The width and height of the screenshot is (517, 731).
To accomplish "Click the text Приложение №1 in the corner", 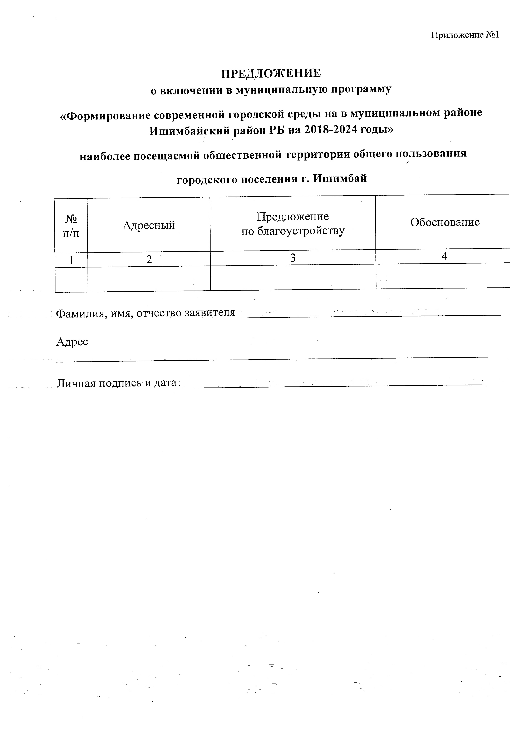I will click(465, 35).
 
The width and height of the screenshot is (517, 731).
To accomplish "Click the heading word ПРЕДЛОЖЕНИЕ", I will click(271, 74).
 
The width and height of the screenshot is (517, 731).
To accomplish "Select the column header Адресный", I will click(149, 225).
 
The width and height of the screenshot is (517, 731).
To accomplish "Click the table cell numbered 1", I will click(71, 260).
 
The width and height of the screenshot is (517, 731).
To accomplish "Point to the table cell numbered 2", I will click(149, 260).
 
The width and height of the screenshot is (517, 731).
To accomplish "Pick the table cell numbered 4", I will click(444, 256).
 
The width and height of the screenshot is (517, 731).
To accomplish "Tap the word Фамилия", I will click(78, 314).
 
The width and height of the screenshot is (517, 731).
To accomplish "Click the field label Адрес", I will click(72, 342).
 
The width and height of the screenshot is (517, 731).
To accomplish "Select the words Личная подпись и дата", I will click(117, 383).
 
